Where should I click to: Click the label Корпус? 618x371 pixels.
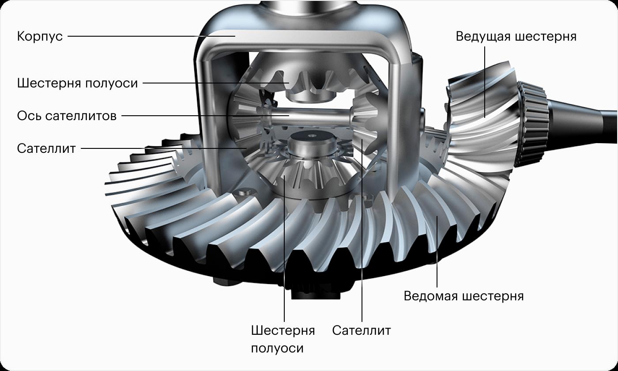[x=40, y=36]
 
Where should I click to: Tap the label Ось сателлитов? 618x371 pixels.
[x=67, y=116]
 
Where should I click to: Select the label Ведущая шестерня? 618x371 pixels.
[x=516, y=36]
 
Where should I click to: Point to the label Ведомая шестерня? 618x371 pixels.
[x=464, y=296]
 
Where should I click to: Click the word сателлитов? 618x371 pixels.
[x=81, y=116]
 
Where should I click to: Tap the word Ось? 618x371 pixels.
[x=29, y=116]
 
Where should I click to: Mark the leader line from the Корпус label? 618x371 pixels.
[x=151, y=36]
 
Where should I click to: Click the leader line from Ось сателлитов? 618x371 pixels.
[x=205, y=116]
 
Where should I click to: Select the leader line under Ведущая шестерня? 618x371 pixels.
[x=485, y=82]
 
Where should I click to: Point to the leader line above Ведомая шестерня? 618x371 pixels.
[x=437, y=252]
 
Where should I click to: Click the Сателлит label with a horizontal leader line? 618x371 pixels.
[x=46, y=148]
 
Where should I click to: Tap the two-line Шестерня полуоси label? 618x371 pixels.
[x=283, y=339]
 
